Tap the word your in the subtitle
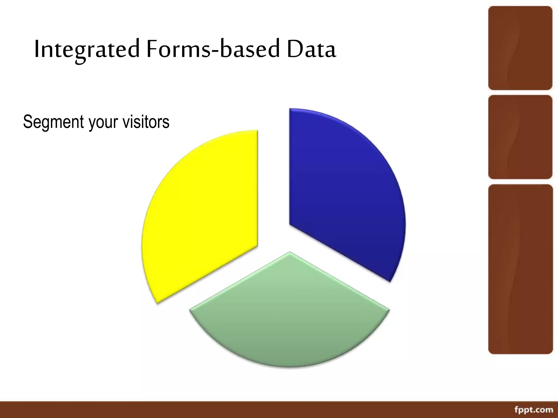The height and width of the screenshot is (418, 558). coord(103,122)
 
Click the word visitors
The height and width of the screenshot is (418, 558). coord(146,122)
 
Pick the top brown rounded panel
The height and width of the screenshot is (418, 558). coord(520,48)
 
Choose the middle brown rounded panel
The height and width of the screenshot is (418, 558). coord(520,137)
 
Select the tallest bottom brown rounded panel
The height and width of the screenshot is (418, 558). coord(520,269)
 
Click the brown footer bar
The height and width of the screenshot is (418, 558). coord(245,410)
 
